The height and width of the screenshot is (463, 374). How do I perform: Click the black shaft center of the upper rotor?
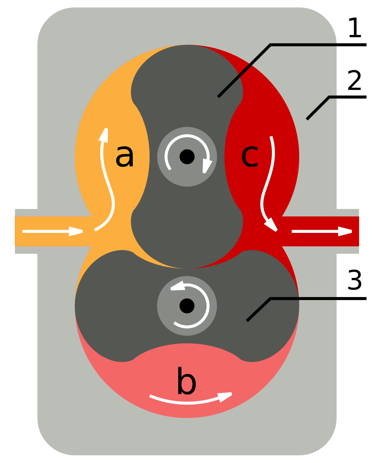click(x=187, y=157)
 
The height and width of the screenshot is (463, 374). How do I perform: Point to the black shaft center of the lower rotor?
click(x=187, y=306)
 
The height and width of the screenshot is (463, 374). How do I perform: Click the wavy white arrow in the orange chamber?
click(x=107, y=183)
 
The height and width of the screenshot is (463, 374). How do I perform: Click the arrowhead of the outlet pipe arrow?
click(x=344, y=231)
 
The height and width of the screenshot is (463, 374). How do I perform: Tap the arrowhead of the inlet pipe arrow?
click(x=76, y=231)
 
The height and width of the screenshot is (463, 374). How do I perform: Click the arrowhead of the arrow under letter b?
click(x=225, y=397)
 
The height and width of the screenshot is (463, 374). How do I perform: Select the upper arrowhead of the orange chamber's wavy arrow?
click(x=104, y=135)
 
